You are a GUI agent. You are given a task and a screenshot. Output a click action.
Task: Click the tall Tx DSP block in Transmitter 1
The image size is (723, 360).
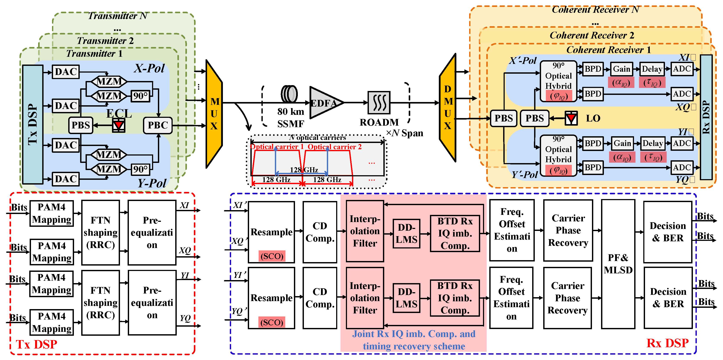click(32, 124)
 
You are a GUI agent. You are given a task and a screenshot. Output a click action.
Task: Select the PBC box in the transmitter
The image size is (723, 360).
click(158, 125)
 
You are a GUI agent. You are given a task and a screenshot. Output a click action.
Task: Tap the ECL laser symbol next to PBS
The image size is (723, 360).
click(118, 125)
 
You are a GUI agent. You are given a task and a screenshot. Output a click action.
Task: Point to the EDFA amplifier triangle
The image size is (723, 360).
click(324, 103)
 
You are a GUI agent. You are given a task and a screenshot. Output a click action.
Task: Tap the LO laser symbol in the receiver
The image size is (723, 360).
click(571, 118)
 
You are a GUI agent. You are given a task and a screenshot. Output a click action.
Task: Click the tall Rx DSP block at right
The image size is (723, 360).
click(706, 117)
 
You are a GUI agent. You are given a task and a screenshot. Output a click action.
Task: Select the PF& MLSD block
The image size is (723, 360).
click(618, 264)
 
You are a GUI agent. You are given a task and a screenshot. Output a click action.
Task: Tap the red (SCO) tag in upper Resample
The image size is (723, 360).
click(272, 256)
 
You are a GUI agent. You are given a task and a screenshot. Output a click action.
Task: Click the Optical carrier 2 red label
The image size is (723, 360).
click(335, 147)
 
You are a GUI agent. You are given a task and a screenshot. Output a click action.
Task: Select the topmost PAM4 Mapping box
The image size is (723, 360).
click(52, 213)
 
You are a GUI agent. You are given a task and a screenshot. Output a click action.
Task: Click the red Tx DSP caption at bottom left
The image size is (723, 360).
click(36, 344)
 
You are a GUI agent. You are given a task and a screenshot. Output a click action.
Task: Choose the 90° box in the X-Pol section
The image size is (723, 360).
click(140, 96)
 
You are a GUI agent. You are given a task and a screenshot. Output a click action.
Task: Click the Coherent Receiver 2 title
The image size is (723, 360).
click(592, 35)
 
